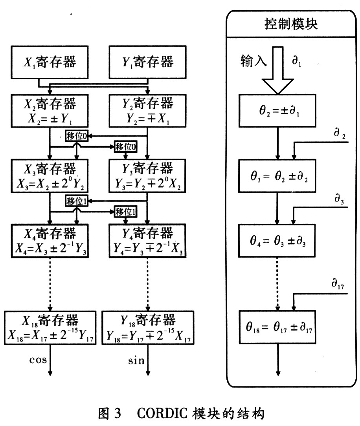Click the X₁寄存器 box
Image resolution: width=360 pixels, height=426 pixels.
click(x=50, y=63)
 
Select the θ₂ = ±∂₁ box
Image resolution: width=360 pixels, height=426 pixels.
click(x=278, y=110)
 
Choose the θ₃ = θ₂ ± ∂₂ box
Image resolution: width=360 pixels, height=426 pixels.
click(x=278, y=176)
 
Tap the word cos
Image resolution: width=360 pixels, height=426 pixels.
click(x=39, y=360)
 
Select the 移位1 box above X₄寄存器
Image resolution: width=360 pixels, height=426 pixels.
click(x=77, y=202)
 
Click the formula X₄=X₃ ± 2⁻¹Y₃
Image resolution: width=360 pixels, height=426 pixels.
click(x=50, y=248)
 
